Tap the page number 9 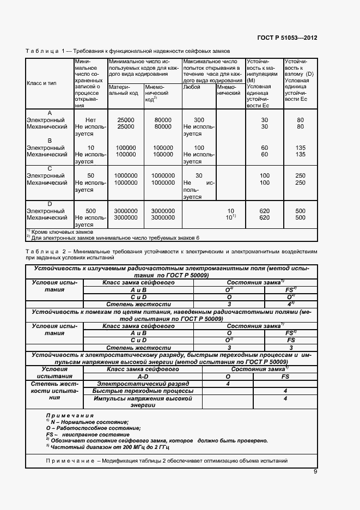tap(315, 472)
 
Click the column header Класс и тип tap(42, 83)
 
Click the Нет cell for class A tap(90, 120)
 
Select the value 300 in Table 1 tap(199, 120)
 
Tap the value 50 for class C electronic tap(90, 175)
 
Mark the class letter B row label tap(50, 141)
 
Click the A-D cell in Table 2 tap(143, 376)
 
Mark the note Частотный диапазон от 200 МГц tap(109, 447)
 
